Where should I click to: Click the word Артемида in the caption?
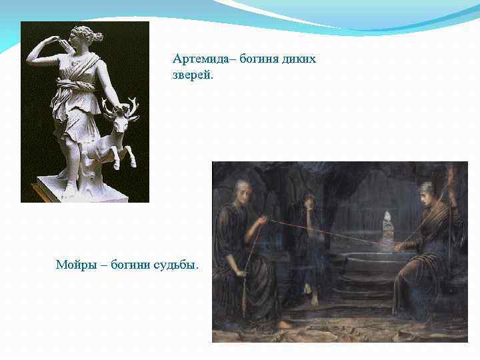(197, 59)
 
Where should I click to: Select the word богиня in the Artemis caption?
(251, 59)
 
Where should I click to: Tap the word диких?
(299, 59)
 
